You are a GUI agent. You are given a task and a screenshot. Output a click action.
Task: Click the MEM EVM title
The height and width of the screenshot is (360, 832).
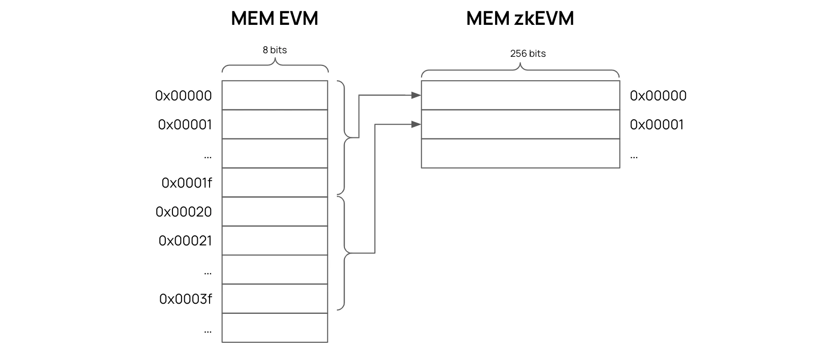[x=274, y=19]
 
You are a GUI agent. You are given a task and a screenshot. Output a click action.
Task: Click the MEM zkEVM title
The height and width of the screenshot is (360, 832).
[x=519, y=19]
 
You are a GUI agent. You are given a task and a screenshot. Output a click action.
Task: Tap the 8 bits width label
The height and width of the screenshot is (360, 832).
[x=274, y=50]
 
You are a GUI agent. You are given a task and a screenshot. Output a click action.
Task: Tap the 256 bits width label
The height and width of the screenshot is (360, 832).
[x=528, y=54]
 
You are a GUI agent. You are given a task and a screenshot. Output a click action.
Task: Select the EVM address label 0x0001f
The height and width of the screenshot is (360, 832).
[x=186, y=183]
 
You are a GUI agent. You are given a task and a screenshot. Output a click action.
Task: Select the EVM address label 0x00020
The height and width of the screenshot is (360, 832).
[x=184, y=212]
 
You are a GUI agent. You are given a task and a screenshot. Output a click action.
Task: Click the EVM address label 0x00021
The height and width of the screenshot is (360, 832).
[x=185, y=241]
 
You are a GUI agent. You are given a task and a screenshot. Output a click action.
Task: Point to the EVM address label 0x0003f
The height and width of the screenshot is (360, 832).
[x=185, y=299]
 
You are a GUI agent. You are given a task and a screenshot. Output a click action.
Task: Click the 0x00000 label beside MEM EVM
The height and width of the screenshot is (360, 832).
[x=183, y=96]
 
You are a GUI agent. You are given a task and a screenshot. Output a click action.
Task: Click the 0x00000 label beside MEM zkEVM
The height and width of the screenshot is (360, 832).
[x=658, y=96]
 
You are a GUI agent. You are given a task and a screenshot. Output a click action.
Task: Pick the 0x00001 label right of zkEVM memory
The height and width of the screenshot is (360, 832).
[x=656, y=125]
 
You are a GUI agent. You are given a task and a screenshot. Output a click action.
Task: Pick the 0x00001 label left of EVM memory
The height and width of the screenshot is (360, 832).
[x=185, y=125]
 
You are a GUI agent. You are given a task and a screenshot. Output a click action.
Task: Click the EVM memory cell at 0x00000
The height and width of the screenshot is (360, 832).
[x=274, y=95]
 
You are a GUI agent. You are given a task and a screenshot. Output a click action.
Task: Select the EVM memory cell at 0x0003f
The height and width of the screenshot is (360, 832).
[x=274, y=299]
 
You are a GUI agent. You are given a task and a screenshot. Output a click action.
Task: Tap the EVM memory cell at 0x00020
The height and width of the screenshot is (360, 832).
[x=274, y=211]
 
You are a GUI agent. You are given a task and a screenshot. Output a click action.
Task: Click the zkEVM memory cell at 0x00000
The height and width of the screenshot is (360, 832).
[x=520, y=95]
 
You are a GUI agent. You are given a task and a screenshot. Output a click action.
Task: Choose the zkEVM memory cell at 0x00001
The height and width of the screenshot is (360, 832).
[x=520, y=124]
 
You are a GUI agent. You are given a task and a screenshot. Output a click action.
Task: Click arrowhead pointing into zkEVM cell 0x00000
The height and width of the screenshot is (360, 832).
[x=417, y=95]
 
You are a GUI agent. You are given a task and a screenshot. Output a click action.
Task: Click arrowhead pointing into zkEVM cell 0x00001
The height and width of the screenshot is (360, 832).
[x=417, y=124]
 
